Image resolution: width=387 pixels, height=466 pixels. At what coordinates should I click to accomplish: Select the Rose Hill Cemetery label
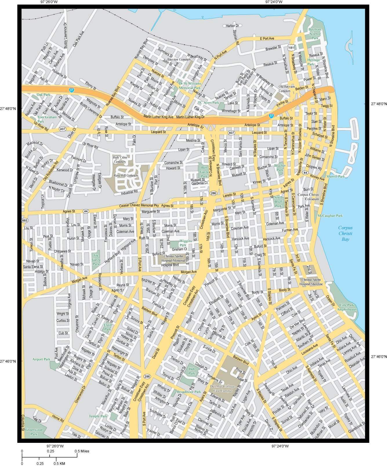tap(126, 176)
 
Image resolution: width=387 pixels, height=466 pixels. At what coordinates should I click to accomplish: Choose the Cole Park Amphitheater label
tap(347, 307)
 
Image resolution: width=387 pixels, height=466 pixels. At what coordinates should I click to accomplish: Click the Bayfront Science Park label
tap(315, 34)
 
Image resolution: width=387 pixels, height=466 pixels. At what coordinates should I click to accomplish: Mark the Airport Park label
tap(41, 359)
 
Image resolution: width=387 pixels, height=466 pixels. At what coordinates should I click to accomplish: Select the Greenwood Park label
tap(34, 432)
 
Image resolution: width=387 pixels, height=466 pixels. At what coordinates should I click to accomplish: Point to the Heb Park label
tap(192, 372)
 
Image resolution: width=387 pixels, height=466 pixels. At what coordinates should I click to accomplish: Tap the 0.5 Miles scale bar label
tap(82, 451)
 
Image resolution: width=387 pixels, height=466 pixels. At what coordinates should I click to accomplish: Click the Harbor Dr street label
tap(232, 26)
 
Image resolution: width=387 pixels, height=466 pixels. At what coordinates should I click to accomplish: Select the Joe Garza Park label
tap(96, 260)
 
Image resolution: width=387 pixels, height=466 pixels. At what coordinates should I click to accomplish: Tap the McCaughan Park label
tap(330, 215)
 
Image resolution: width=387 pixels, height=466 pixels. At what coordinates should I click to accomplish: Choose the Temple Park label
tap(98, 416)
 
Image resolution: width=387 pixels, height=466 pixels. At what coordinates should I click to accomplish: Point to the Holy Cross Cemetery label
tap(120, 159)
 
